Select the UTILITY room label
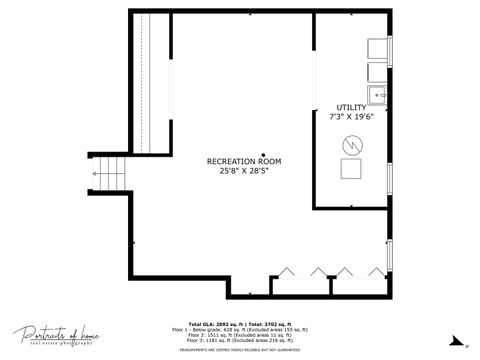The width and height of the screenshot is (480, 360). [x=351, y=107]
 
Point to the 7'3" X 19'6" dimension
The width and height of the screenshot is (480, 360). [x=351, y=116]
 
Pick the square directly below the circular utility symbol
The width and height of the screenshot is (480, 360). [x=352, y=170]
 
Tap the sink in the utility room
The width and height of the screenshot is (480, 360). [x=378, y=95]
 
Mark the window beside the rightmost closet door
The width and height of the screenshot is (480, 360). [x=390, y=256]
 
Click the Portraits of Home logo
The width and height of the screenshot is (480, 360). [x=54, y=335]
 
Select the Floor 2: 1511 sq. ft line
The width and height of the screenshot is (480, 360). [x=239, y=334]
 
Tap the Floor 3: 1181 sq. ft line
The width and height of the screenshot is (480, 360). [x=239, y=340]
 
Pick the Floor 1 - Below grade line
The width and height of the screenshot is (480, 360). [x=239, y=329]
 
